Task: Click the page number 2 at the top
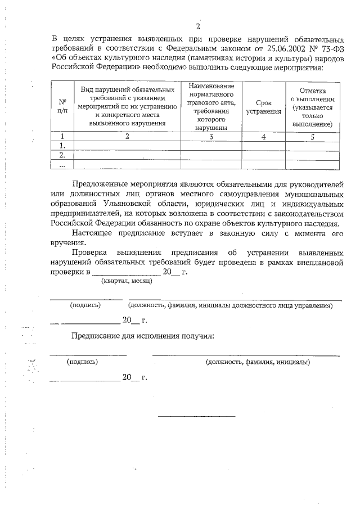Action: pos(197,27)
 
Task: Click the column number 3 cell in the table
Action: pos(211,136)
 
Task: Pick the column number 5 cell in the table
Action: pos(312,136)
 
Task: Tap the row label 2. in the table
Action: pos(62,155)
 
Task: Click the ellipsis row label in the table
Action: pos(62,165)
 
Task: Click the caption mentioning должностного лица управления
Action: pos(230,305)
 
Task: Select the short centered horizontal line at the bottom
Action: pos(196,416)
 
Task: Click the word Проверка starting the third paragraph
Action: pos(90,254)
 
